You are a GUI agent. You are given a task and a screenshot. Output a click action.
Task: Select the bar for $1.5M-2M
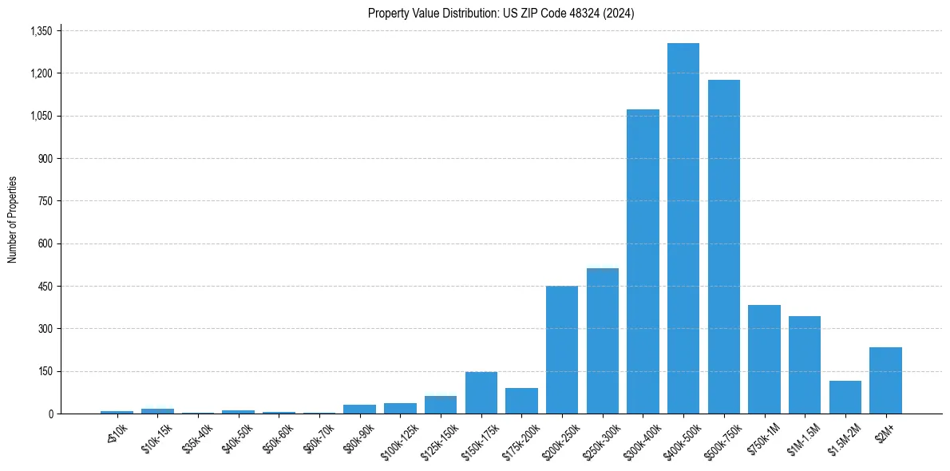coord(845,397)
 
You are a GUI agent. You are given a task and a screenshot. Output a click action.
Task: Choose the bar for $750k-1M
coord(764,359)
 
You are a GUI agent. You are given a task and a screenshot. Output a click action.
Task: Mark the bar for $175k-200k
coord(521,401)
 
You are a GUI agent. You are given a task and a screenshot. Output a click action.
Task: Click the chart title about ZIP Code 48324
coord(501,14)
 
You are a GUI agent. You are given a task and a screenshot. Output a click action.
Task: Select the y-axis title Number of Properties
coord(13,220)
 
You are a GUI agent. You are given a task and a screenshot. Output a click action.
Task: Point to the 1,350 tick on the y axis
coord(41,31)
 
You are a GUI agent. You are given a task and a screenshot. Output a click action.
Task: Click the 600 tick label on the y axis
coord(46,243)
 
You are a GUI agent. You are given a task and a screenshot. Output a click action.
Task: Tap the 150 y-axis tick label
coord(46,371)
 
